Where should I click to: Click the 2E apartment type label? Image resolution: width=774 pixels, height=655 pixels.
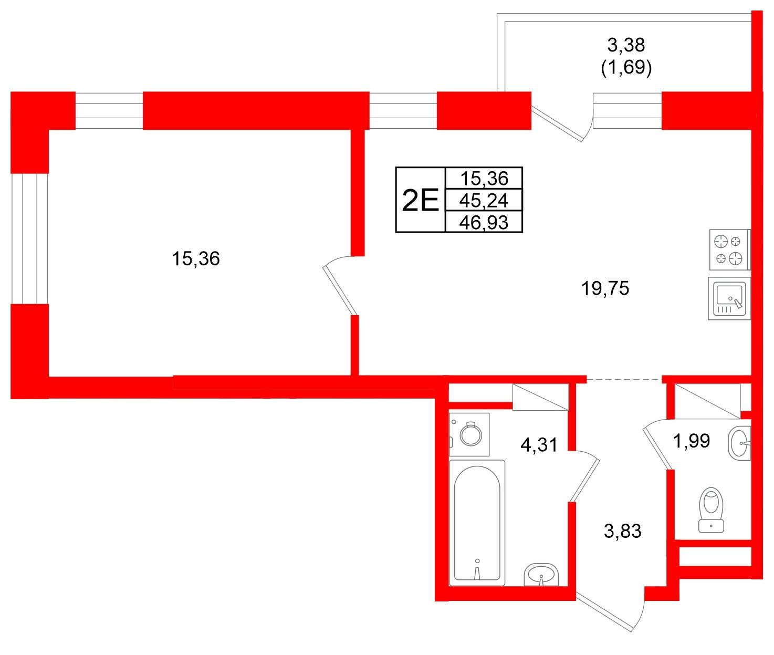coord(420,200)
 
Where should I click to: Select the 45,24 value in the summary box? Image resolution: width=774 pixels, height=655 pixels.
coord(484,201)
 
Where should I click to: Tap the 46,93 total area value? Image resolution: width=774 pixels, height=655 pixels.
coord(484,223)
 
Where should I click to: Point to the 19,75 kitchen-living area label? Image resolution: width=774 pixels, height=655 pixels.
coord(605,288)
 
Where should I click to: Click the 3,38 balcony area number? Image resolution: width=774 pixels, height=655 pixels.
coord(626,45)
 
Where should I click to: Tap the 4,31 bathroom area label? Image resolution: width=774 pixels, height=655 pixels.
coord(539,445)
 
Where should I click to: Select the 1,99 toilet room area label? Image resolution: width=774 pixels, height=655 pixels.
coord(691,441)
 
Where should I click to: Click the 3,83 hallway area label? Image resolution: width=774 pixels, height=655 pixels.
coord(622,531)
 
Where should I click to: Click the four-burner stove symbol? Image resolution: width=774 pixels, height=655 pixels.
coord(730,249)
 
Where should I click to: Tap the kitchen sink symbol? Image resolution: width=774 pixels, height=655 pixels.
coord(729,298)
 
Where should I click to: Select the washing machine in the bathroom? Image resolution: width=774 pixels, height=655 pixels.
coord(469,434)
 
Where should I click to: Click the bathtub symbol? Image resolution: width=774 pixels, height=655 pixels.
coord(477,523)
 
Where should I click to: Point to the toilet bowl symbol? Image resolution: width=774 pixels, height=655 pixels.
coord(711,510)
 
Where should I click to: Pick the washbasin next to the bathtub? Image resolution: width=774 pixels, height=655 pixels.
coord(541,575)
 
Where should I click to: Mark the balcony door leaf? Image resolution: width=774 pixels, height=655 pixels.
coord(557,123)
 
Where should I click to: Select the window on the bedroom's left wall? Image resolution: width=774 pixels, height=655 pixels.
coord(29,238)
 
